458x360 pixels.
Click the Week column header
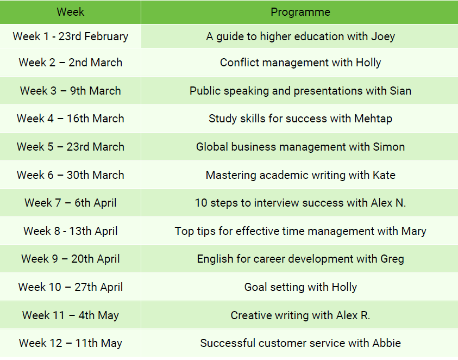[x=71, y=12]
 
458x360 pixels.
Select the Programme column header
[x=300, y=12]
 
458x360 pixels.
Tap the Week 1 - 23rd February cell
[x=71, y=36]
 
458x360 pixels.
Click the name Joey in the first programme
[x=383, y=37]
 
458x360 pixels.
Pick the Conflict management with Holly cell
[x=300, y=63]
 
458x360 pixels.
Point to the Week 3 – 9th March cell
[x=71, y=91]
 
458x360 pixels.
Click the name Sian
[x=400, y=91]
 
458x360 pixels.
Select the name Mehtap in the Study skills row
[x=373, y=119]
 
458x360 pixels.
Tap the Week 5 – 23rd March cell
[x=71, y=146]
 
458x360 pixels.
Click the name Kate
[x=384, y=175]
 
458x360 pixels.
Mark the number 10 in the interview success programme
[x=201, y=203]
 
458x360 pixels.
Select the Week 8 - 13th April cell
[x=71, y=231]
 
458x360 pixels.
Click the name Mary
[x=413, y=231]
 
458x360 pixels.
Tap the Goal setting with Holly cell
[x=300, y=287]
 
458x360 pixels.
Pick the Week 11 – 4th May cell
[x=71, y=315]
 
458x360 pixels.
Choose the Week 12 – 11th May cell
[x=71, y=343]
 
